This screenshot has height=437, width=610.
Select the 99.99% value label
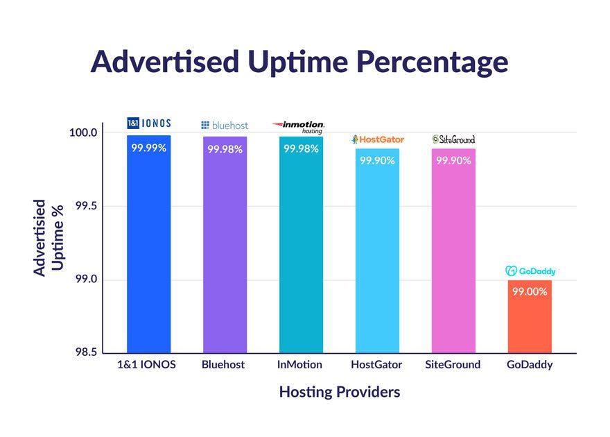(x=148, y=148)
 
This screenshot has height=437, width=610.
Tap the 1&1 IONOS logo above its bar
(x=148, y=123)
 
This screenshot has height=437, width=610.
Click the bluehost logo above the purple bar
(x=225, y=126)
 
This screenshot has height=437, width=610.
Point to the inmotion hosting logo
(x=299, y=126)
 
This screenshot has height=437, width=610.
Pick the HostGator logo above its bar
(x=378, y=139)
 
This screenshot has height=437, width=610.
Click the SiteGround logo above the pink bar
(x=453, y=139)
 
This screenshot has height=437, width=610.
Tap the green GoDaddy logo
(x=530, y=271)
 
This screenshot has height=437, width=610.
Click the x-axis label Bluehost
(x=223, y=364)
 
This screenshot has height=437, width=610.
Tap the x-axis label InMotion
(x=300, y=364)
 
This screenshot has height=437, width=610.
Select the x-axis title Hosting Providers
(x=340, y=392)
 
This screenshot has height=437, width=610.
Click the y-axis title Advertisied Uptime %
(x=49, y=238)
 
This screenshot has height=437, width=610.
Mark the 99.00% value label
(x=530, y=291)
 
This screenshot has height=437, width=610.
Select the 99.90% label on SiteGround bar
(x=453, y=160)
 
